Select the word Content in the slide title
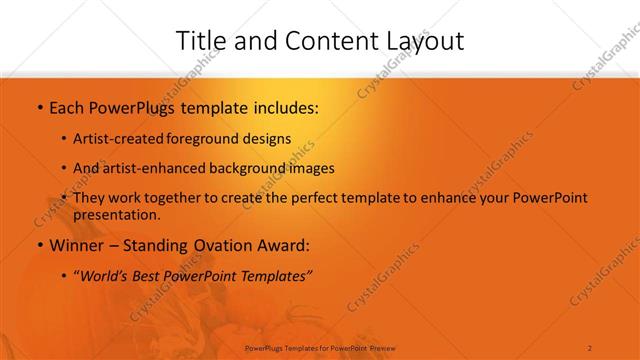pos(321,41)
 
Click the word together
pos(186,198)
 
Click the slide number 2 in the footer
pos(591,346)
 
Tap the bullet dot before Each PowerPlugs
pos(38,107)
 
